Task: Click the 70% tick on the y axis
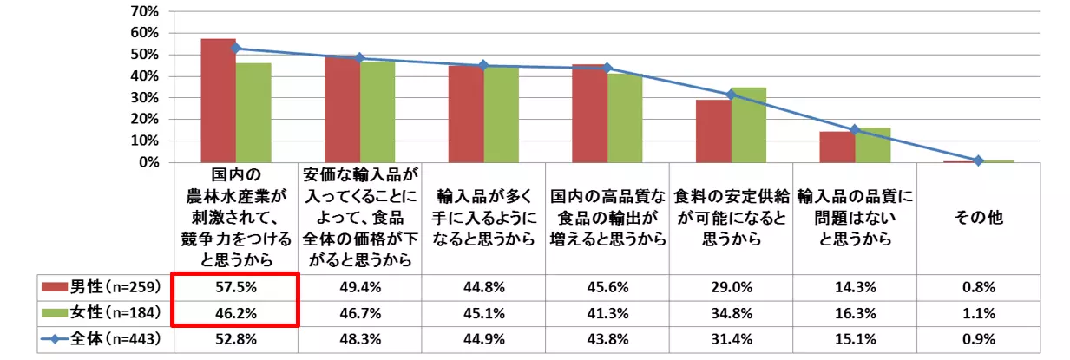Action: tap(143, 11)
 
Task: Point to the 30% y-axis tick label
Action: tap(143, 97)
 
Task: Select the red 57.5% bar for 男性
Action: tap(218, 101)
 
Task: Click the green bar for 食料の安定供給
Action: tap(749, 125)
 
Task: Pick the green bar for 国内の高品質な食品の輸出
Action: tap(625, 118)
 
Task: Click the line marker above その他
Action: tap(978, 160)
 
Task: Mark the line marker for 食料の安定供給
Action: tap(731, 95)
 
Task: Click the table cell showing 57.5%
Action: tap(235, 287)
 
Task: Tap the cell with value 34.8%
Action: tap(731, 313)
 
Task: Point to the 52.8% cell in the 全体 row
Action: tap(235, 339)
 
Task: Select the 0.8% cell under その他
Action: tap(978, 287)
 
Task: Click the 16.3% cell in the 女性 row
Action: tap(855, 313)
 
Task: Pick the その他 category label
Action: tap(978, 218)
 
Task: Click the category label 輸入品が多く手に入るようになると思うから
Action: tap(483, 218)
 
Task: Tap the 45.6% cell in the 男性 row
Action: tap(607, 287)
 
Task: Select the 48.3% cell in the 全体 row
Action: tap(359, 339)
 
